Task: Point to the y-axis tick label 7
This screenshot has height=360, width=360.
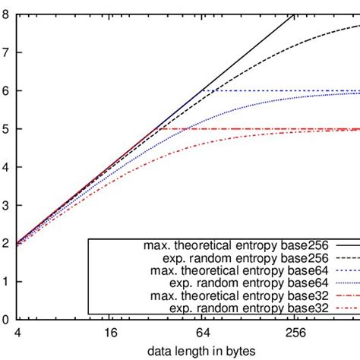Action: point(6,52)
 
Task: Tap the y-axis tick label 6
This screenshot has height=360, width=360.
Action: point(6,90)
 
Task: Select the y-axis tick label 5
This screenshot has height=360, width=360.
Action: point(6,129)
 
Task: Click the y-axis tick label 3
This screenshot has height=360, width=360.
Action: point(6,205)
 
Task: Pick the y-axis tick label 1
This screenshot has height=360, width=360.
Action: point(6,282)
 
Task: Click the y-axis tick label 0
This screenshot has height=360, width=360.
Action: point(6,320)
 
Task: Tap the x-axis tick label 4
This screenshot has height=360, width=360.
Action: point(17,333)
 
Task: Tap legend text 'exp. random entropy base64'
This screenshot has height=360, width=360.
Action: point(238,284)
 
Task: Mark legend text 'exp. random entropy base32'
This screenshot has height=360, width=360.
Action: point(238,308)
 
